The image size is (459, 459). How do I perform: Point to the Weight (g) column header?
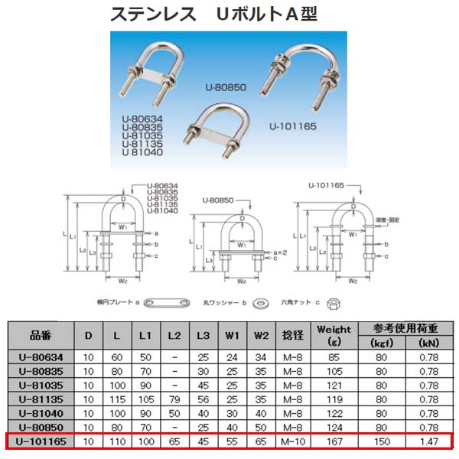(x=333, y=334)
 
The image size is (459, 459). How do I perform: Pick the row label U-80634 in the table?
(x=41, y=355)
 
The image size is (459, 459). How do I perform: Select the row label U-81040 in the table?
(x=41, y=413)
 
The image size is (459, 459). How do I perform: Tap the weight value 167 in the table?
(x=333, y=441)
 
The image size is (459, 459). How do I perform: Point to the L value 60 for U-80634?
(x=115, y=355)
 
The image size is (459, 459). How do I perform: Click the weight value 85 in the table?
(x=333, y=355)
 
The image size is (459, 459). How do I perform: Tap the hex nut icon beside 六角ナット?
(x=334, y=304)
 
